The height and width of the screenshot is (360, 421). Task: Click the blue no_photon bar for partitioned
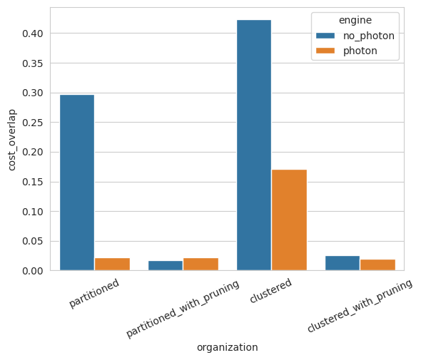(77, 182)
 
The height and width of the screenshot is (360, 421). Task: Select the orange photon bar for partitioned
(112, 264)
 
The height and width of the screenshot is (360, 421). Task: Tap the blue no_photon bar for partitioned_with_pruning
(166, 266)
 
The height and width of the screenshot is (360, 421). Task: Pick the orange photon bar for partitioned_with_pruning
(201, 264)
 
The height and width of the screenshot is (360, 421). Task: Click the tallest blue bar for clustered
(254, 145)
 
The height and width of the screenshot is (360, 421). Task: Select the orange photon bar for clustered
(289, 220)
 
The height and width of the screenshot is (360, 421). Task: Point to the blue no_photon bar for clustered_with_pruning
(343, 263)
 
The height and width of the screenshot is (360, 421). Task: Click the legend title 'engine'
(355, 21)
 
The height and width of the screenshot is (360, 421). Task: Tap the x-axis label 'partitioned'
(93, 294)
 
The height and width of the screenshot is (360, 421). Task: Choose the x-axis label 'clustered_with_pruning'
(360, 306)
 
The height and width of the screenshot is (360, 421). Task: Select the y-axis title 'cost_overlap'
(11, 140)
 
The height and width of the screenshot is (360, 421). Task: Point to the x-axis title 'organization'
(227, 347)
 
